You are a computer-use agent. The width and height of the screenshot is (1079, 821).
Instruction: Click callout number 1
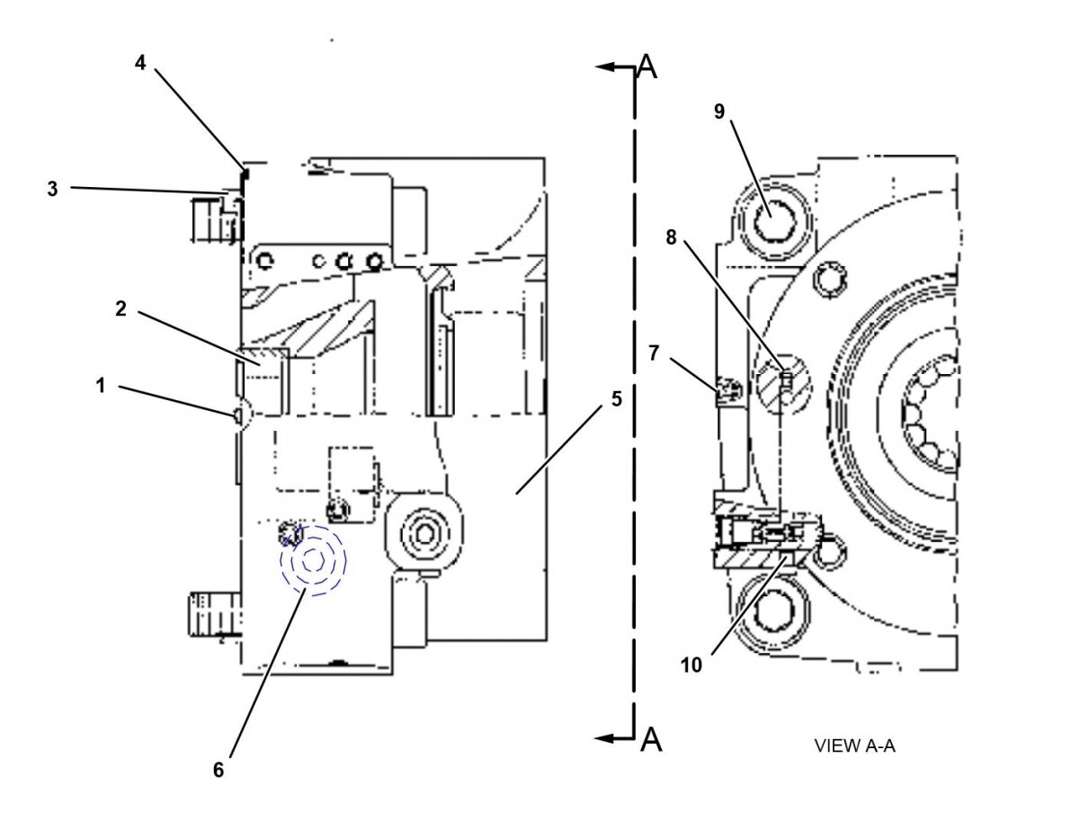tap(101, 386)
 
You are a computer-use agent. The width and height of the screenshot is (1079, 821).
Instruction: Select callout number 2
tap(120, 308)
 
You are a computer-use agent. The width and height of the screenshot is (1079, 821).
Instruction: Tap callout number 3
tap(53, 189)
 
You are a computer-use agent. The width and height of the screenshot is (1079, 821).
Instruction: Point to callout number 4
tap(140, 63)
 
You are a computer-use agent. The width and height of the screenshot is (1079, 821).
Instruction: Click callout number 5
tap(616, 398)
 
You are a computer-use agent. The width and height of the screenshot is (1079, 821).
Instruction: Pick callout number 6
tap(218, 770)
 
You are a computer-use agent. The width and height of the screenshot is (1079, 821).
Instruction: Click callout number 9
tap(718, 111)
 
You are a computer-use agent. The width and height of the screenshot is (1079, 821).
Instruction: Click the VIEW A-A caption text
tap(854, 745)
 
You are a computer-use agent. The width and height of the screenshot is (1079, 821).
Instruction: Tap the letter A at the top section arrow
tap(647, 67)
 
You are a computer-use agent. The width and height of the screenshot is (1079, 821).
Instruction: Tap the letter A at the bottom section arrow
tap(651, 739)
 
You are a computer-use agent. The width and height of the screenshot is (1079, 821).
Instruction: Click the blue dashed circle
tap(313, 559)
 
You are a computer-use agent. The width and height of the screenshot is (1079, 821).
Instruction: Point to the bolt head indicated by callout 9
tap(771, 220)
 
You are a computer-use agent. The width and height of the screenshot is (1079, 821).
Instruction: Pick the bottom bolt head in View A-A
tap(771, 614)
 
